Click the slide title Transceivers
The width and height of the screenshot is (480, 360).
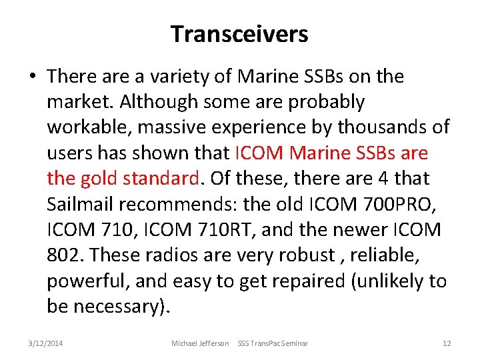coord(239,33)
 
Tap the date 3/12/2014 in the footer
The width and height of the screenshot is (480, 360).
coord(46,343)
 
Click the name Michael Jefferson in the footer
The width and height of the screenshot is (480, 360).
coord(200,343)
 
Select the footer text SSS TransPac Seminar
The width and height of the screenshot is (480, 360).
coord(273,343)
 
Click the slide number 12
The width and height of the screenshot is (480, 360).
coord(447,343)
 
